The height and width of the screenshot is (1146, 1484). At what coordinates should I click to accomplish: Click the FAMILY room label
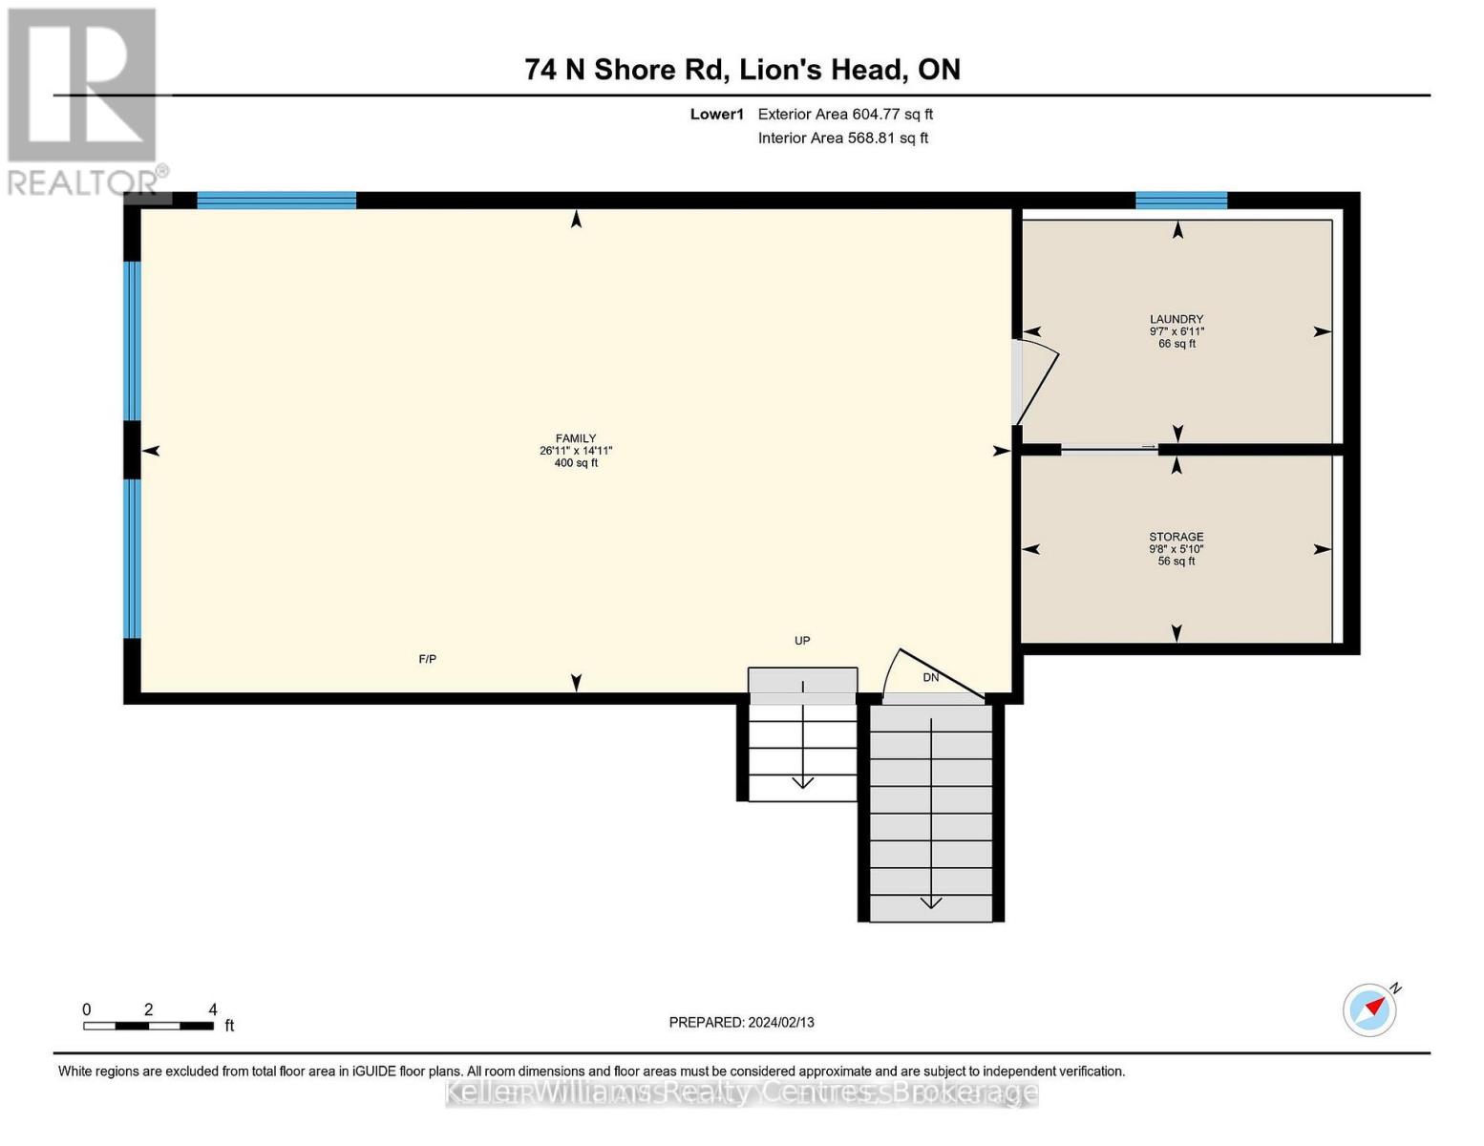point(576,438)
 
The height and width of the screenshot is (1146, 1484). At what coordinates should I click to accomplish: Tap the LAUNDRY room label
point(1177,319)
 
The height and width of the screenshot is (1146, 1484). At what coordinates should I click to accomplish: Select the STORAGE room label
point(1177,537)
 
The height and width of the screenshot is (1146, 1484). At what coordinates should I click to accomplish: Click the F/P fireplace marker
point(427,659)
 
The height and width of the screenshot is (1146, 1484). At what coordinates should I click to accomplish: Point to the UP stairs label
point(802,641)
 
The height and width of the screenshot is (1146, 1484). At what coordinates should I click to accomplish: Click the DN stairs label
point(931,677)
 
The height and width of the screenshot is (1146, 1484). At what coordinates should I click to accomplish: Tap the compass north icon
point(1370,1009)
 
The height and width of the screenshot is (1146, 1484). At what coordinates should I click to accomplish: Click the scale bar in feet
point(148,1026)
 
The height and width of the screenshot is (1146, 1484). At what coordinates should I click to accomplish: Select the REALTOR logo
point(83,100)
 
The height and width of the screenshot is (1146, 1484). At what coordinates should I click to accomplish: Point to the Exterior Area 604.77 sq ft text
point(845,114)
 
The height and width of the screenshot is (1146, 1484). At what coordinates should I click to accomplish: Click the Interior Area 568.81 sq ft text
point(843,138)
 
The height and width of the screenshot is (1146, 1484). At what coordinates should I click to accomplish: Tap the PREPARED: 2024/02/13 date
point(741,1022)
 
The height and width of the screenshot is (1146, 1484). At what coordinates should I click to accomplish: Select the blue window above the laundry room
point(1180,201)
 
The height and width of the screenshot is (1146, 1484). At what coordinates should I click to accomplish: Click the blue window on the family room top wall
point(276,201)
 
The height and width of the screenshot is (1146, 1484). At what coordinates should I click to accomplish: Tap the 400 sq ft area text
point(576,463)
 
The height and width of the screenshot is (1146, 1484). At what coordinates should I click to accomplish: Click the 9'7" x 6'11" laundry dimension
point(1177,331)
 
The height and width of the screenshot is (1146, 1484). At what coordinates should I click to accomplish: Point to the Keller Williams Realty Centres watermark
point(741,1093)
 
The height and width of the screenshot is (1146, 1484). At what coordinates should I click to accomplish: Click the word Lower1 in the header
point(716,114)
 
